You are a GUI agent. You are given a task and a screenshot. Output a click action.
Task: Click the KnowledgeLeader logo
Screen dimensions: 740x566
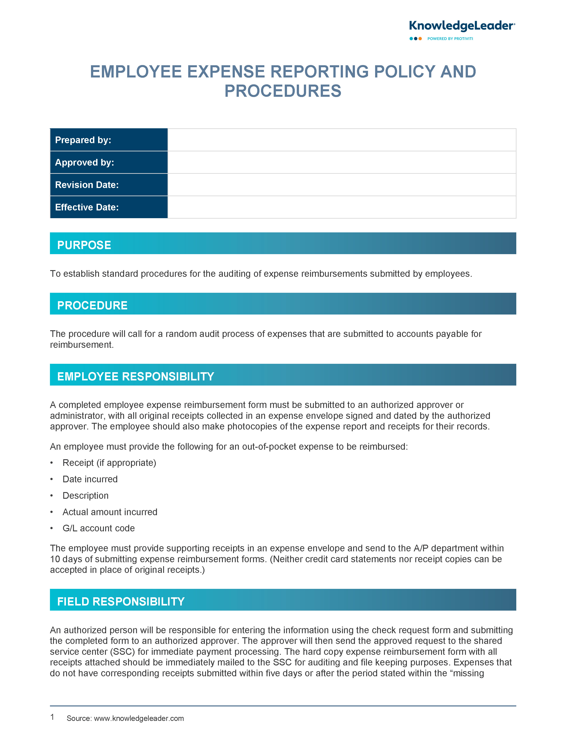point(461,26)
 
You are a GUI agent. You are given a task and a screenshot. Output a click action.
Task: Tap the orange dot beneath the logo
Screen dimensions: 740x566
point(420,39)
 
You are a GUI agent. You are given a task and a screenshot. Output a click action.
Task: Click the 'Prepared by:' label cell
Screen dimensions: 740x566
point(109,140)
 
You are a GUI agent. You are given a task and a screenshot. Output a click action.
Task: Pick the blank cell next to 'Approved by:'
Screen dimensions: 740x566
point(341,162)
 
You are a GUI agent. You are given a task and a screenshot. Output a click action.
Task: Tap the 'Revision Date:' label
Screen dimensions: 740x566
point(87,185)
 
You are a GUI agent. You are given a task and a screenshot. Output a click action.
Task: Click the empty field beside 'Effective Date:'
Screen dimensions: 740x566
point(341,207)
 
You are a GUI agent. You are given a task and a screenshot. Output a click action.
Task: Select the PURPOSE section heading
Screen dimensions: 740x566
point(84,245)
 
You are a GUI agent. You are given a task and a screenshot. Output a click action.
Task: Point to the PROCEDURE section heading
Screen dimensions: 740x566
point(92,305)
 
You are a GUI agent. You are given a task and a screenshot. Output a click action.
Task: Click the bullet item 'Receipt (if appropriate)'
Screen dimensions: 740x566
point(109,463)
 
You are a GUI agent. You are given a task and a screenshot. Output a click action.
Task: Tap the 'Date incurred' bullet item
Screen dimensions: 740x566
point(90,479)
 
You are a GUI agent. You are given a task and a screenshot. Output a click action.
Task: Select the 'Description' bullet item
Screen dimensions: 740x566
point(86,495)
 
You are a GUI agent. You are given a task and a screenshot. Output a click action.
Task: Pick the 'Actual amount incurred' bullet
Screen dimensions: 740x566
point(110,512)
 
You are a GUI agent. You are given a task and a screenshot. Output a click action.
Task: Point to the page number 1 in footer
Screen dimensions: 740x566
point(52,717)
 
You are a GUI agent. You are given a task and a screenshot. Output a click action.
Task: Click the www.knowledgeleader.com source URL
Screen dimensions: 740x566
point(139,718)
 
